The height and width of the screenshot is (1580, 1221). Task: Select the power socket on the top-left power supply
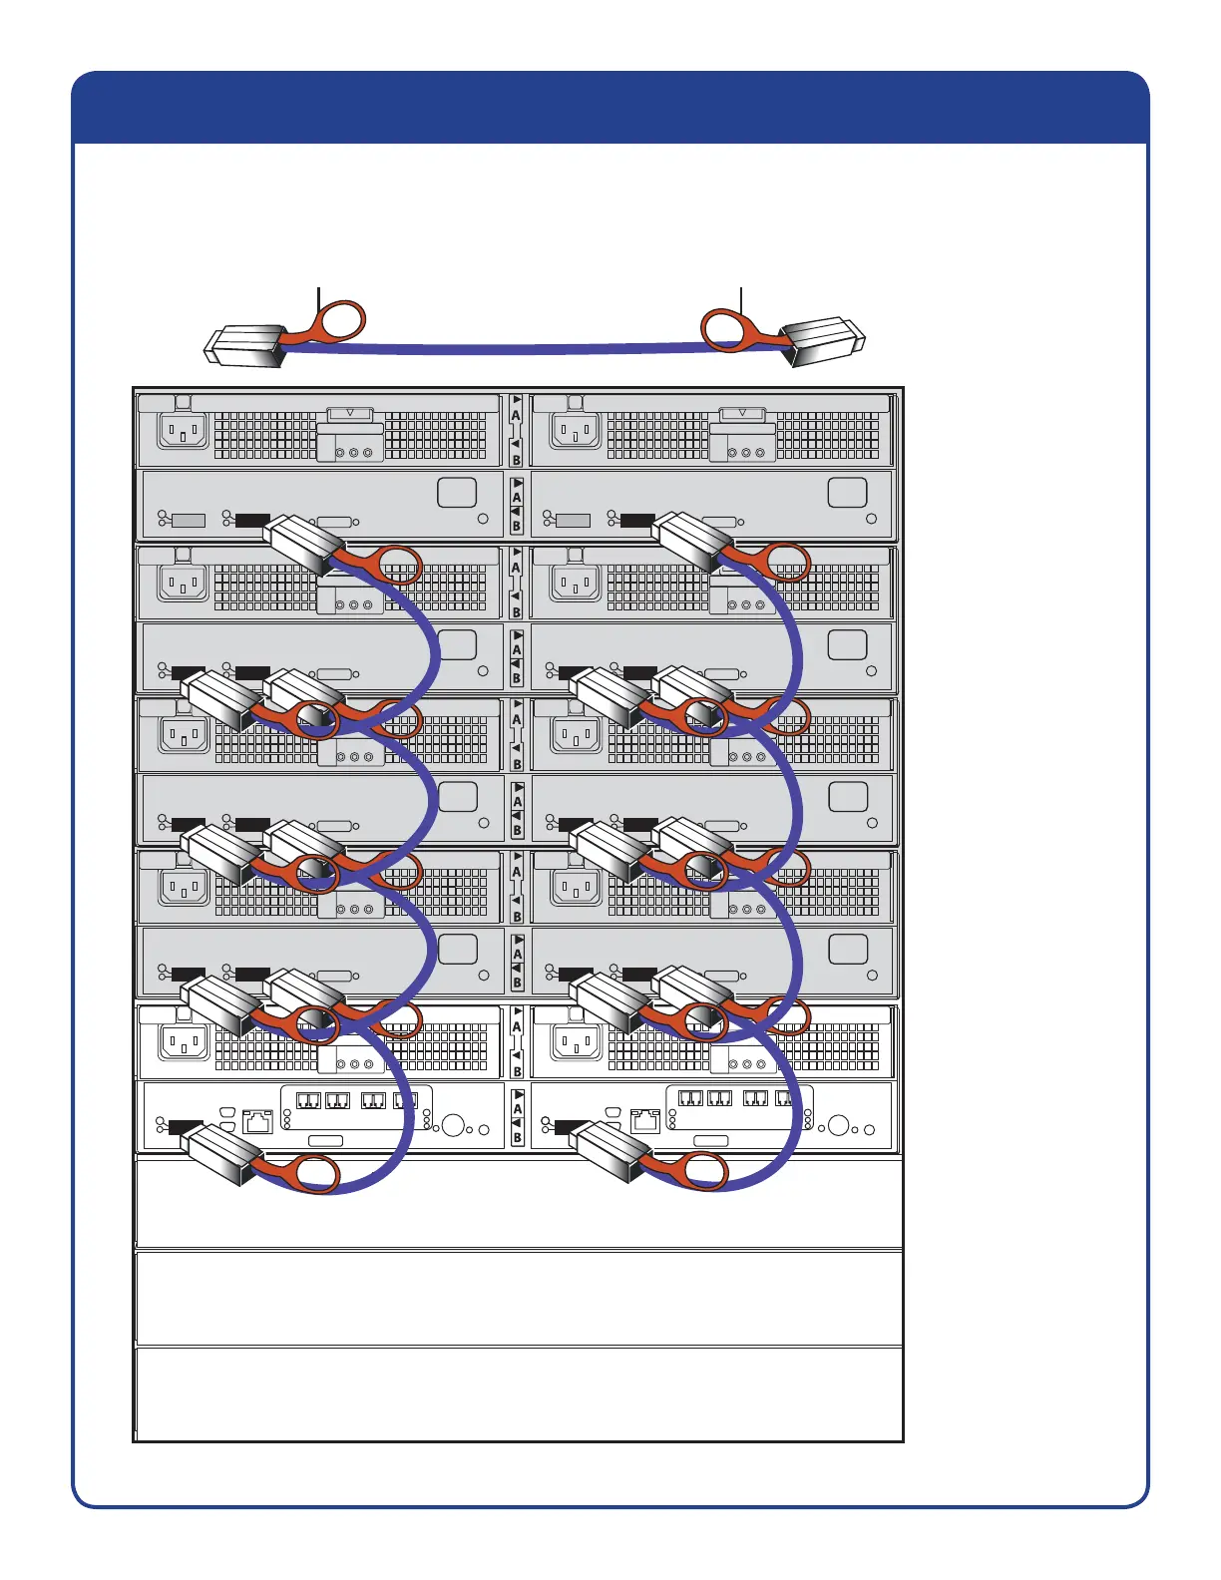(184, 432)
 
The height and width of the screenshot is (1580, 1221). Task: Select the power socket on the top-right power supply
(576, 432)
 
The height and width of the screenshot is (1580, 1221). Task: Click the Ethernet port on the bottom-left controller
(257, 1121)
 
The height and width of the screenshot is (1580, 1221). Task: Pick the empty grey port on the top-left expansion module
(189, 520)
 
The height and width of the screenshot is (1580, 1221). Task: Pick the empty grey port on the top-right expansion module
(573, 520)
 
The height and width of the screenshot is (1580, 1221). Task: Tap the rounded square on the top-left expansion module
(457, 492)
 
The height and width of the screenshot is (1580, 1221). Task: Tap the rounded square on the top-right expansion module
(847, 492)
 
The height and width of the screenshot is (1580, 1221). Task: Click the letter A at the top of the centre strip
(516, 415)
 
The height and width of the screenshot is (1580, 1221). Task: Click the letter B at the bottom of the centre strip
(517, 1137)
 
